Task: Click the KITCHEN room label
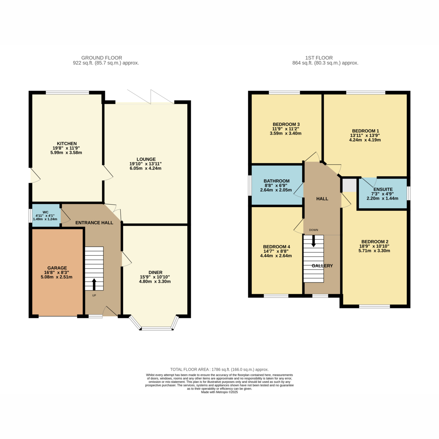[x=67, y=143]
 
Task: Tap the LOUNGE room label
[x=146, y=159]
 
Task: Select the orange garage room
[x=57, y=273]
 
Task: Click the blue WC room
[x=46, y=215]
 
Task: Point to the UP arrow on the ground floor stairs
[x=94, y=284]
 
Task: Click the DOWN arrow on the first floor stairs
[x=314, y=241]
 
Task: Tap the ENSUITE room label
[x=383, y=189]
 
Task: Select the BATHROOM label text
[x=276, y=181]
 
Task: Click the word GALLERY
[x=322, y=266]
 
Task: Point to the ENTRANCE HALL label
[x=94, y=222]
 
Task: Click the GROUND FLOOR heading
[x=102, y=58]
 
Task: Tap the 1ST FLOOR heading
[x=319, y=58]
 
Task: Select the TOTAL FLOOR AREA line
[x=219, y=369]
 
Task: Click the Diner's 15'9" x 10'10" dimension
[x=155, y=277]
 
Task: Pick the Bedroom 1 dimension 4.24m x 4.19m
[x=365, y=140]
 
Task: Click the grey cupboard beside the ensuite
[x=349, y=185]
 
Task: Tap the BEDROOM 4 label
[x=277, y=247]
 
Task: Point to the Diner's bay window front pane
[x=157, y=329]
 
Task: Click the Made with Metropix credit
[x=219, y=392]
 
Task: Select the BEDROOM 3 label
[x=286, y=124]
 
